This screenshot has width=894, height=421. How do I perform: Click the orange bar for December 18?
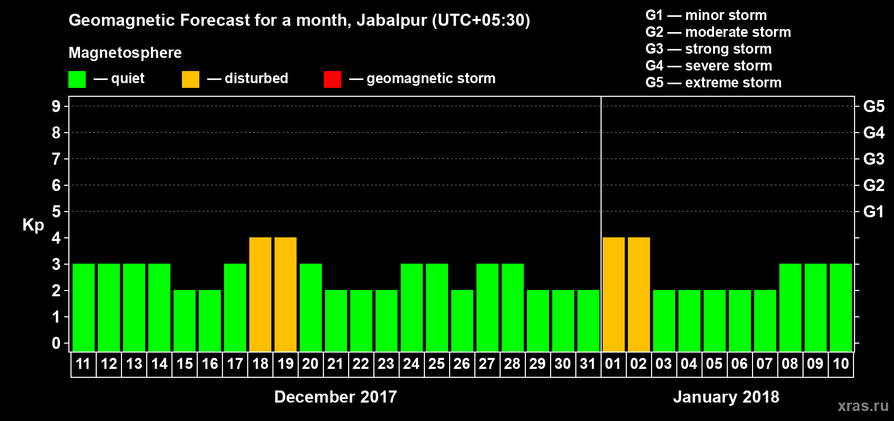pos(260,295)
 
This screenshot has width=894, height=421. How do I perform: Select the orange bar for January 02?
pos(639,295)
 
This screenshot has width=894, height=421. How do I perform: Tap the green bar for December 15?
pos(185,320)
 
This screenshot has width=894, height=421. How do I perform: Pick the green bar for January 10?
pos(841,308)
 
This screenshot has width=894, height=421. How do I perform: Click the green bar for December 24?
pos(412,308)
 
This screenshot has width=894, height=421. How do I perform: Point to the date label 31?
pos(588,364)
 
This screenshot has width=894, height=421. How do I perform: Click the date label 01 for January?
pos(613,364)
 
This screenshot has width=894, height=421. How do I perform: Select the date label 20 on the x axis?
pos(310,364)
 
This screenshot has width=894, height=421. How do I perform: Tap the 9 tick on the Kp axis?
pos(56,106)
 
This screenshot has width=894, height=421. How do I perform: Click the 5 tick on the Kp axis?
pos(56,212)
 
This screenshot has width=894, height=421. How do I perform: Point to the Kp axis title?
pos(33,225)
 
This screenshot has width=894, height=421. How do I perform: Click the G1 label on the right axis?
pos(873,212)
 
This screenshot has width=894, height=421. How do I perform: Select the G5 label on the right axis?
pos(873,106)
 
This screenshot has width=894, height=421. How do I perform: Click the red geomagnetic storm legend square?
pos(332,79)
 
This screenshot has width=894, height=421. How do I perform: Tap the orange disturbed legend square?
pos(190,79)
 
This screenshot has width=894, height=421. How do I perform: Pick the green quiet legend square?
pos(77,79)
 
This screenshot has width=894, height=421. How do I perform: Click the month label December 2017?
pos(336,397)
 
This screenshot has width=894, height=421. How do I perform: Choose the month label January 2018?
pos(726,397)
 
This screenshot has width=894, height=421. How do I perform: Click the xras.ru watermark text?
pos(863,406)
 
